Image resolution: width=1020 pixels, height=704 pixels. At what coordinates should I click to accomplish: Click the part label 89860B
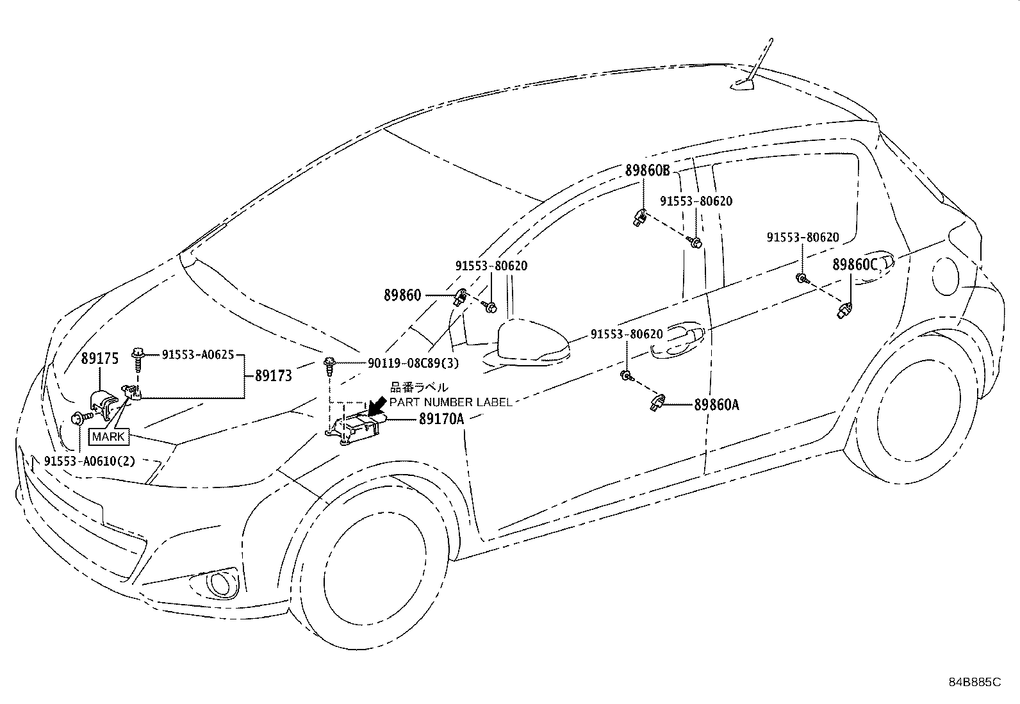(x=647, y=170)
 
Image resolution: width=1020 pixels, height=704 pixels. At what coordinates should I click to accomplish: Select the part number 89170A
(x=441, y=418)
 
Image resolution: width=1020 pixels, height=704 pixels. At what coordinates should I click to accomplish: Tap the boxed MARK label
(x=108, y=437)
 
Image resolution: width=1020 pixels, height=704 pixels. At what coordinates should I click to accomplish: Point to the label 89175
(x=100, y=358)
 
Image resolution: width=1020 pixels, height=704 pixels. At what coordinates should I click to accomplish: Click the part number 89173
(x=273, y=375)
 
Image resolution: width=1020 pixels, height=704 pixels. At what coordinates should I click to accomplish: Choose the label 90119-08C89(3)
(x=413, y=363)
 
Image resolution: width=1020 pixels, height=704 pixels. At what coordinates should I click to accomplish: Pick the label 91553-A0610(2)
(x=90, y=461)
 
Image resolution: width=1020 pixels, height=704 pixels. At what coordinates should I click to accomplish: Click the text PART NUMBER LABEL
(x=451, y=402)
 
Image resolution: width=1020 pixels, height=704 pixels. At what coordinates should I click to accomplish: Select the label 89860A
(x=716, y=404)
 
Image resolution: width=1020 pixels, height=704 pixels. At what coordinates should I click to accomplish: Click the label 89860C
(x=854, y=265)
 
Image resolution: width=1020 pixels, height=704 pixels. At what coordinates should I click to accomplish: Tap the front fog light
(x=221, y=584)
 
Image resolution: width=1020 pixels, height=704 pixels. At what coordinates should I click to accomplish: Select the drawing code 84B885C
(x=975, y=682)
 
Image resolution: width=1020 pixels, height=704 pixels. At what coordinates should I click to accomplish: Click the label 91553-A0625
(x=198, y=354)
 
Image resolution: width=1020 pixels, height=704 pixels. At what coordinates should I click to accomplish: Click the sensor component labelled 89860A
(x=657, y=402)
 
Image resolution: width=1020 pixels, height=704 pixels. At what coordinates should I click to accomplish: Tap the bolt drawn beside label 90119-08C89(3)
(x=330, y=367)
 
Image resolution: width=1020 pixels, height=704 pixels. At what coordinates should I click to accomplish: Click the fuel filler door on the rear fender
(x=945, y=276)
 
